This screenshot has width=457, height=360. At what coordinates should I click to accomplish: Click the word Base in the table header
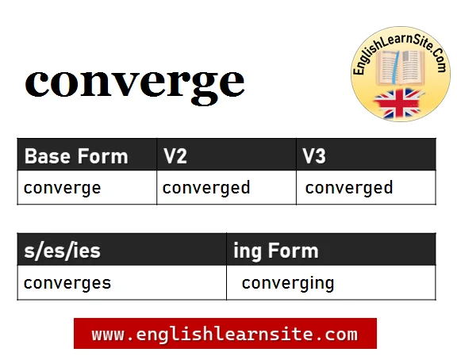[48, 156]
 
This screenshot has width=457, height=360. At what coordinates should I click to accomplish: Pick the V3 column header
[314, 156]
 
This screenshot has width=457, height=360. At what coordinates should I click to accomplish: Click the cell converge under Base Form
[63, 189]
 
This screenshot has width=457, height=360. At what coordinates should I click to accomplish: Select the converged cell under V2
[206, 188]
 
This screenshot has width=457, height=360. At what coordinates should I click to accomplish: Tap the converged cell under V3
[349, 188]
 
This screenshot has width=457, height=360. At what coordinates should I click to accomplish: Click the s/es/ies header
[63, 251]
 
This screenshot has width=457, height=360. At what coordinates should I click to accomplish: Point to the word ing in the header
[247, 252]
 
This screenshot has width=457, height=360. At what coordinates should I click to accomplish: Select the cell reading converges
[67, 283]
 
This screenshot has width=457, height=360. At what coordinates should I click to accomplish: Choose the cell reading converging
[288, 283]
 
